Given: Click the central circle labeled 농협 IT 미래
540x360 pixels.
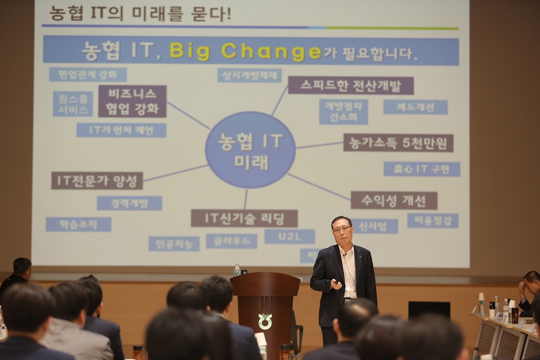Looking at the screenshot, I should [250, 150].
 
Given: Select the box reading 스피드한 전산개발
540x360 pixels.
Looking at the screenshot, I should [350, 85].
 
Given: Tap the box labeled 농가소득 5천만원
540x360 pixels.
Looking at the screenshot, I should [398, 143].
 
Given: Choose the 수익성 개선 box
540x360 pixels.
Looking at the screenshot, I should [394, 200].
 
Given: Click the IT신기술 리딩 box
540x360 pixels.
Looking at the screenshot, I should [244, 218].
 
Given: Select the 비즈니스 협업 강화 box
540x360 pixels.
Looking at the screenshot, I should [132, 101].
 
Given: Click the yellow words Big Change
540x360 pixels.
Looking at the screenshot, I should [246, 51].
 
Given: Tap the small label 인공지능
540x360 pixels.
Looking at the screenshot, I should [174, 244].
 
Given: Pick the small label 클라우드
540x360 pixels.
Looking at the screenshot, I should [232, 241].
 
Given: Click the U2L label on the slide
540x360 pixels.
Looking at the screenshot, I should [289, 236].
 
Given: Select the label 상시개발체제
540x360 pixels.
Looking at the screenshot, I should [249, 75].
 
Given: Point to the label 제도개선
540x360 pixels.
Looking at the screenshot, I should [415, 107].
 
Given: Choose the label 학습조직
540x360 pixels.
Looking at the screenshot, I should [79, 224].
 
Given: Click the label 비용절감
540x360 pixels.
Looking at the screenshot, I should [433, 221].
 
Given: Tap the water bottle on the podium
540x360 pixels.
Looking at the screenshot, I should [237, 270].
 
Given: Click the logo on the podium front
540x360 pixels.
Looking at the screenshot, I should [265, 321].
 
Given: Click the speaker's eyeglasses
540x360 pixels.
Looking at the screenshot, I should [342, 229].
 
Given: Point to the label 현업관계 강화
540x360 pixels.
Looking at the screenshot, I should [88, 74].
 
